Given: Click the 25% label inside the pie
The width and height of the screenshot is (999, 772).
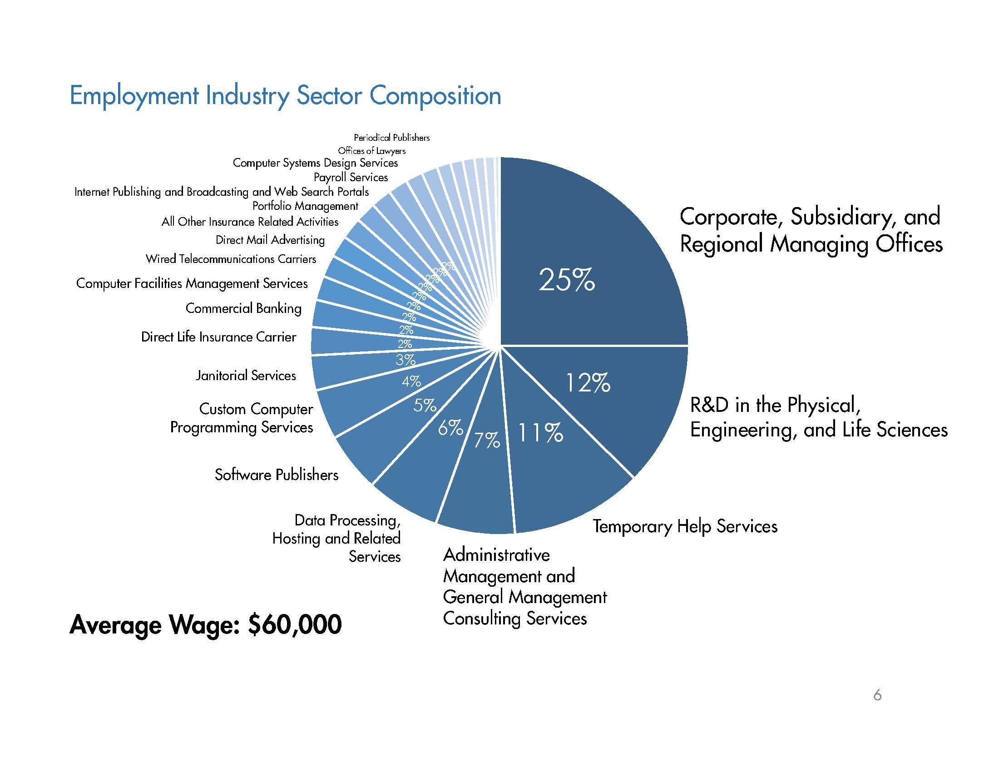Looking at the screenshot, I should click(567, 280).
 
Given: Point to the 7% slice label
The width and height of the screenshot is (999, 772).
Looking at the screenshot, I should click(486, 440).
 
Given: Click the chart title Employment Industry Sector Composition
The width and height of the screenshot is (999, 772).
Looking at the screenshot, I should click(285, 96).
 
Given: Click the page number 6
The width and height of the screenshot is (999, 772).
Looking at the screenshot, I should click(877, 695).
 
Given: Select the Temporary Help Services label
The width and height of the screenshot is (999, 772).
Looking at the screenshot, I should click(685, 526).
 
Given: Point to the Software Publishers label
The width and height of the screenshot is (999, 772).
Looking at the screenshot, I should click(276, 475).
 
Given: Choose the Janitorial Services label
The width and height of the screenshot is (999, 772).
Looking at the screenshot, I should click(246, 376).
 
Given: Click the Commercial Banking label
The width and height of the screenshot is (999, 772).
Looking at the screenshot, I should click(243, 308).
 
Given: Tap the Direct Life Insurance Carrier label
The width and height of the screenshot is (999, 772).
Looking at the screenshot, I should click(218, 337).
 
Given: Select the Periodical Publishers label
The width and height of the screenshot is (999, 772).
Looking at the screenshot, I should click(391, 138).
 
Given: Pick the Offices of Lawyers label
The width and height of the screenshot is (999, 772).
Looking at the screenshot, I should click(371, 150).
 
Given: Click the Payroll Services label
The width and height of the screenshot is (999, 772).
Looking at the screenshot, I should click(351, 177).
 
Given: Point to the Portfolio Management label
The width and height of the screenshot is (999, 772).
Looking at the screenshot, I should click(305, 206).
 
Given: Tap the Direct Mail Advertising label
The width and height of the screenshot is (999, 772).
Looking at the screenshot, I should click(270, 240).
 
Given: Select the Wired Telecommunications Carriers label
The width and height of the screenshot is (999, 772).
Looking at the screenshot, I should click(231, 259).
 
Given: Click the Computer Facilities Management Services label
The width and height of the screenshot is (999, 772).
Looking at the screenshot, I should click(192, 283).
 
